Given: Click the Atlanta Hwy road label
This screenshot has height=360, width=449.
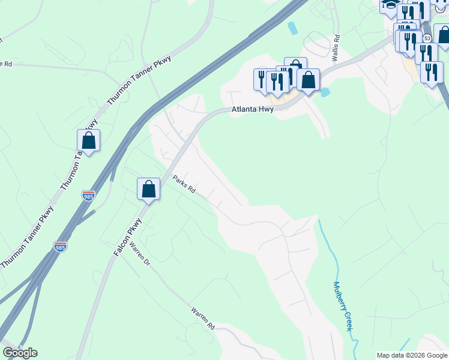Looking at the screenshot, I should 253,110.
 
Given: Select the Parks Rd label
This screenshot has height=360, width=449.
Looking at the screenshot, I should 184,184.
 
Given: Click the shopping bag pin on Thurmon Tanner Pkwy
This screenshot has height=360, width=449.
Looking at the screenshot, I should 89,141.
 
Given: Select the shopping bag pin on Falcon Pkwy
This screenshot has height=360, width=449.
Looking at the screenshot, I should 149,190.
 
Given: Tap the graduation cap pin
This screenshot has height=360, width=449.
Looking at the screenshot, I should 390,5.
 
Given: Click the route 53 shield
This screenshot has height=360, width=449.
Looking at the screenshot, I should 427,38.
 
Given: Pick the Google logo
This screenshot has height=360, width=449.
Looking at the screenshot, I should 20,353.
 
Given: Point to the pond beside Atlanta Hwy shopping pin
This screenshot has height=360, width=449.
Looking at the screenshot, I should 325,92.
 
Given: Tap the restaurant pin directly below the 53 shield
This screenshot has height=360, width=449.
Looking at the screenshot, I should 425,53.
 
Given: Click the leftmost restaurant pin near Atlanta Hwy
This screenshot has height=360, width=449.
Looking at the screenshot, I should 262,79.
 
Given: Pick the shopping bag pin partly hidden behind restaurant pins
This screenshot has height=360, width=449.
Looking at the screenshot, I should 295,67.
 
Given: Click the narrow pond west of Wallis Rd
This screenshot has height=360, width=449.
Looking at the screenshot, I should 292,28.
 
